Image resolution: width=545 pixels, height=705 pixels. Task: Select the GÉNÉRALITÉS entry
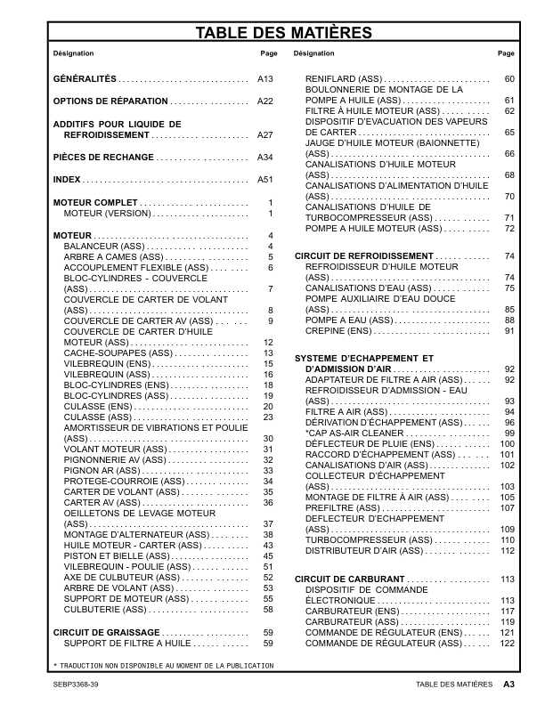85,79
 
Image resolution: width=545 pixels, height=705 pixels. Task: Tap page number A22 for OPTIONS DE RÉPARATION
264,101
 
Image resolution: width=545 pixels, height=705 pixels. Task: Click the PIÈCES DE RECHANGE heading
103,158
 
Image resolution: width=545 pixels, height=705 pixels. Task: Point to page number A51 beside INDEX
264,180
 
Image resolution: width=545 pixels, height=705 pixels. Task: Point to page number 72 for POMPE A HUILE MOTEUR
509,229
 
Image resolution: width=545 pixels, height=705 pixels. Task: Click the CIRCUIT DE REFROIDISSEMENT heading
363,255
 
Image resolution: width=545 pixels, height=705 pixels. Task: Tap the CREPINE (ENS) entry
338,331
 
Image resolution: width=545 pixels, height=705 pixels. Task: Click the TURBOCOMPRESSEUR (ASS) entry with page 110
355,540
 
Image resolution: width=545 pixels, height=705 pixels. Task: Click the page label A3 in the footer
508,685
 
